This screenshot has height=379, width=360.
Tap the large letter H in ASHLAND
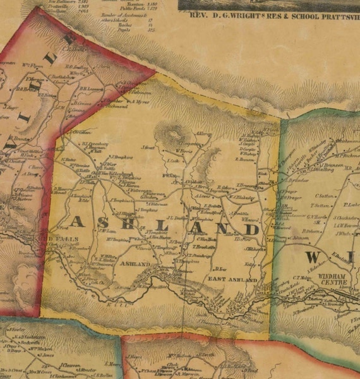146,223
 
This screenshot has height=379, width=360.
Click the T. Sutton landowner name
322,205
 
